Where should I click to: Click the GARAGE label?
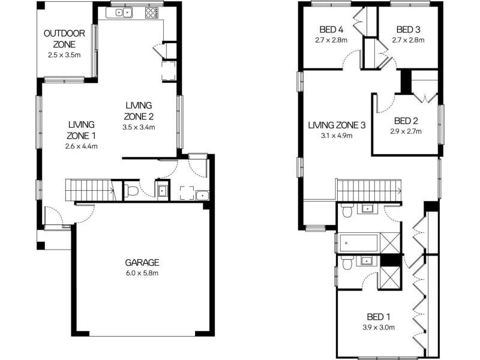coord(142,262)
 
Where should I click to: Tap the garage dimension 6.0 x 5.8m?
coord(142,273)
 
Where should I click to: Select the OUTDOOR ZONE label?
coord(64,39)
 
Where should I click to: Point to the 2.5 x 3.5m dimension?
coord(64,55)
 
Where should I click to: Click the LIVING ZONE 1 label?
coord(82,130)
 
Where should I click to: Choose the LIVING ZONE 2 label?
coord(139,111)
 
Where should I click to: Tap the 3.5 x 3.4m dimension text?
coord(139,127)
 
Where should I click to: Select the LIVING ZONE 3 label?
coord(337,125)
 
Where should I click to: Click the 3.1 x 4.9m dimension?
coord(337,136)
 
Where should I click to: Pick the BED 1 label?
coord(378,317)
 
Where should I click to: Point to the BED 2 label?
coord(407,120)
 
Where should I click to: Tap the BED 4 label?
coord(331,29)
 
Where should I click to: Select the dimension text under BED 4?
coord(331,40)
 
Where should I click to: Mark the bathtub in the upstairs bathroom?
coord(359,243)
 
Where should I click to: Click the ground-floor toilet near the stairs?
coord(131,191)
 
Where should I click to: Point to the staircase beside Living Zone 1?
coord(90,189)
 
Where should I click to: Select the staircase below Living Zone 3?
coord(368,191)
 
